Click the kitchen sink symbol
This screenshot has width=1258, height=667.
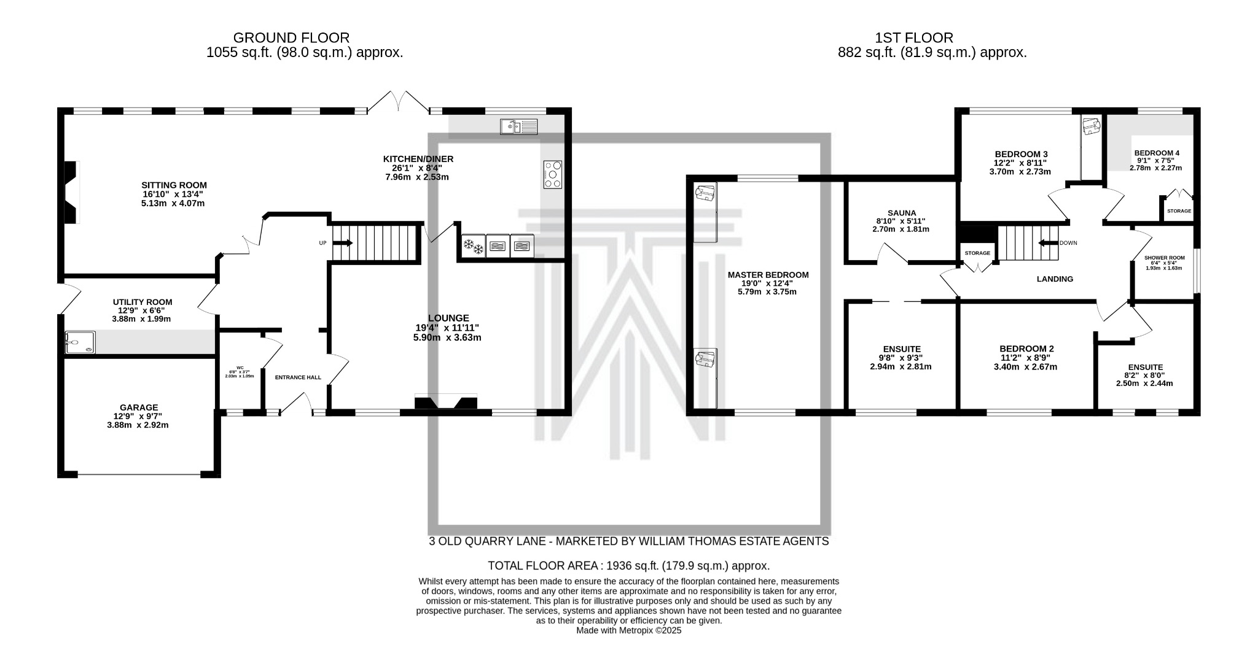518,126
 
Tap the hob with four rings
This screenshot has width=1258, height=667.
552,174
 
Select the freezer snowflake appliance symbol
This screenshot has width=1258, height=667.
473,246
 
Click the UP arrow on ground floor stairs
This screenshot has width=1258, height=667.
342,243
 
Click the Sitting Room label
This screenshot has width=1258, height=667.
174,185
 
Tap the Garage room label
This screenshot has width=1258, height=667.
139,407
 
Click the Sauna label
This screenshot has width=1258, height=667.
901,213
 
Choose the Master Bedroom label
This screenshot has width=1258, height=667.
768,275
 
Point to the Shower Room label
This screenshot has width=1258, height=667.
1164,258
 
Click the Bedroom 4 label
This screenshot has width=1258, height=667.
1156,153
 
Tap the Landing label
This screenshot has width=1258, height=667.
1055,279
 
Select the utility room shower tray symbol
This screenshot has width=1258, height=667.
80,343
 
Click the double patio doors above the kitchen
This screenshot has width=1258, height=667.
398,102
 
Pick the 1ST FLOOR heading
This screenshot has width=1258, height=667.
914,38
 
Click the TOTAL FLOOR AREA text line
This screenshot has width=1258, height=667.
628,566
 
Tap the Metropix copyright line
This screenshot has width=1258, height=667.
628,630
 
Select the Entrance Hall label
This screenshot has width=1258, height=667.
298,377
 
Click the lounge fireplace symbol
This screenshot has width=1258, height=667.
446,403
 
